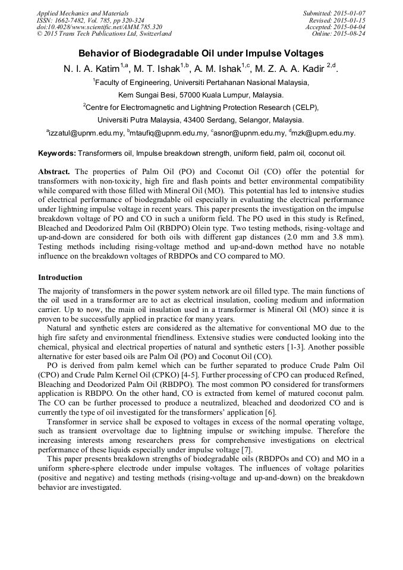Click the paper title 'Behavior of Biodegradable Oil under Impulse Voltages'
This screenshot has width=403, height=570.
click(x=201, y=53)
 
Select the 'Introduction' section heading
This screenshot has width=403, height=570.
click(x=60, y=278)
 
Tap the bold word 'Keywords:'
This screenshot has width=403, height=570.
click(x=57, y=153)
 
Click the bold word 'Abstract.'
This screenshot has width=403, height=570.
click(x=54, y=171)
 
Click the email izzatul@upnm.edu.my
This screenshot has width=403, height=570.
click(x=86, y=134)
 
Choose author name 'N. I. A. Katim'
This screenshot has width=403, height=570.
click(x=92, y=69)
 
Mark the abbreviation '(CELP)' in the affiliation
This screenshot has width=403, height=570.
click(x=287, y=108)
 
